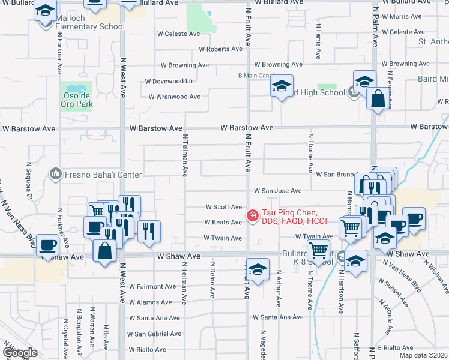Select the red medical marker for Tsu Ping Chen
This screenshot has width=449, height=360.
[x=253, y=215]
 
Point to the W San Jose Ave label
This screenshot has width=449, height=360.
[x=277, y=191]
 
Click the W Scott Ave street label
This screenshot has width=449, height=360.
[x=223, y=207]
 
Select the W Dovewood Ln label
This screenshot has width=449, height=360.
[x=169, y=81]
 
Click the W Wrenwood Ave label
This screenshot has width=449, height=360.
[x=174, y=97]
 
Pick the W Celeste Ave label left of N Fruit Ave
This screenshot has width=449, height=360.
[x=178, y=34]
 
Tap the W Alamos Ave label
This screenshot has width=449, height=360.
[x=151, y=302]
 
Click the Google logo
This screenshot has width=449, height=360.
[x=20, y=353]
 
